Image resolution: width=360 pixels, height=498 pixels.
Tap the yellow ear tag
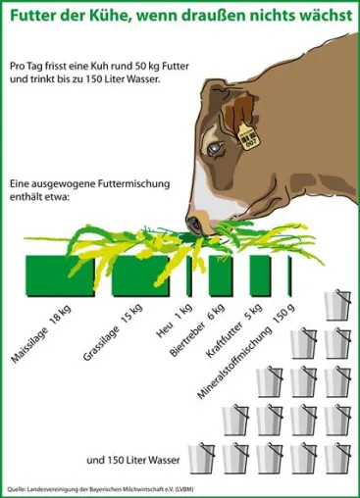pyautogui.click(x=249, y=135)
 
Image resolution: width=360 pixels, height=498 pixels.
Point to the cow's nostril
pyautogui.click(x=195, y=224)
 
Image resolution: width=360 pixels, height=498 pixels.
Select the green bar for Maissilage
pyautogui.click(x=60, y=276)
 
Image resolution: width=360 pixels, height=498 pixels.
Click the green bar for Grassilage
pyautogui.click(x=140, y=276)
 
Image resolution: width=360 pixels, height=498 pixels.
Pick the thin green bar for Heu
pyautogui.click(x=189, y=276)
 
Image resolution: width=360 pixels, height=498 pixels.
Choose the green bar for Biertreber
pyautogui.click(x=222, y=276)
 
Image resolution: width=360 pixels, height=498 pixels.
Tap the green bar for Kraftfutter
pyautogui.click(x=261, y=276)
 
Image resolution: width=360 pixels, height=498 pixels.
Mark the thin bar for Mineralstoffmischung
pyautogui.click(x=289, y=276)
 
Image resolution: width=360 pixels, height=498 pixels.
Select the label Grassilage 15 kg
pyautogui.click(x=113, y=332)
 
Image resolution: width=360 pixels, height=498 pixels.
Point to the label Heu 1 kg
pyautogui.click(x=175, y=321)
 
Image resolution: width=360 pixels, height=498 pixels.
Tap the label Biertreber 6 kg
pyautogui.click(x=197, y=330)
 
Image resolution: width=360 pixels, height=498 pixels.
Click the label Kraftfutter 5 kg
pyautogui.click(x=234, y=330)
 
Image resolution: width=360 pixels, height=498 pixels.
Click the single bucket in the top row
pyautogui.click(x=337, y=305)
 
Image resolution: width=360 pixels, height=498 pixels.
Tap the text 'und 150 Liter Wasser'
pyautogui.click(x=133, y=461)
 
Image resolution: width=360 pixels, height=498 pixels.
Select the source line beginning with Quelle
pyautogui.click(x=101, y=489)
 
